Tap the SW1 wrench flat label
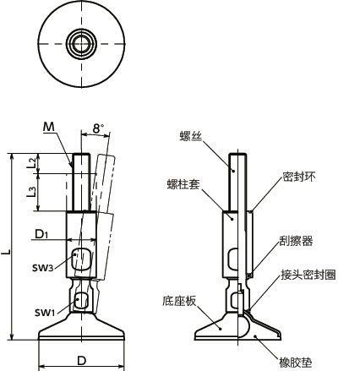[45, 313]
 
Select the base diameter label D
[81, 361]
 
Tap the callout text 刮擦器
[296, 241]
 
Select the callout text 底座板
[180, 300]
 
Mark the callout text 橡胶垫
[296, 362]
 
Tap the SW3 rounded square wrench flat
[82, 259]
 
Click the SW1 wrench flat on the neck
[82, 300]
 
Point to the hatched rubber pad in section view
[254, 330]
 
